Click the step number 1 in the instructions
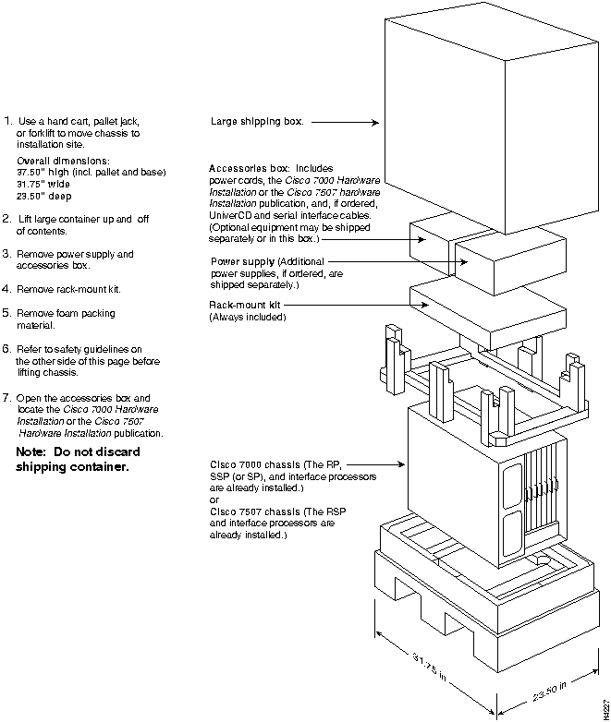[x=8, y=121]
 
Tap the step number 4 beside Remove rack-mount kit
[x=8, y=289]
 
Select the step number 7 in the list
[x=8, y=397]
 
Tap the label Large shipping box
[x=257, y=121]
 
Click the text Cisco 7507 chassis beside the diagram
[x=255, y=511]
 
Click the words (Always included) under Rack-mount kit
[x=248, y=318]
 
